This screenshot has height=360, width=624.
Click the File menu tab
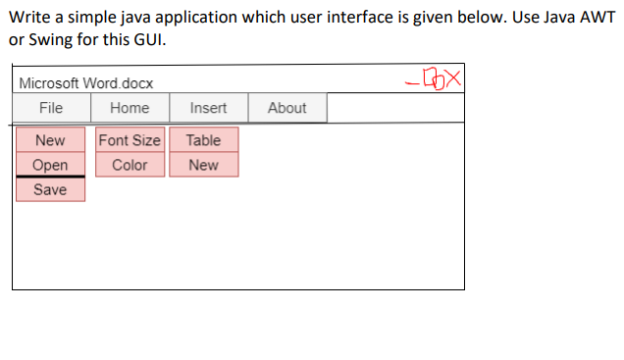coord(51,108)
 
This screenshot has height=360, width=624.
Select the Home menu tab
coord(130,108)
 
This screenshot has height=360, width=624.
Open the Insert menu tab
coord(208,108)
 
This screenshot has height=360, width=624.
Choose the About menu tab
coord(287,108)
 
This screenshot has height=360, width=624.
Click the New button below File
coord(50,140)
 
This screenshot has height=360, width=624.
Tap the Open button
coord(50,165)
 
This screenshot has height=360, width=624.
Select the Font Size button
coord(130,140)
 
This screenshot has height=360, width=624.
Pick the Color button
coord(130,165)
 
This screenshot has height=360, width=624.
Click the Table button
coord(203,140)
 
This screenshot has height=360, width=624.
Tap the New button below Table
coord(203,165)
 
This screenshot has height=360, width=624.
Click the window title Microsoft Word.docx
coord(86,84)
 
